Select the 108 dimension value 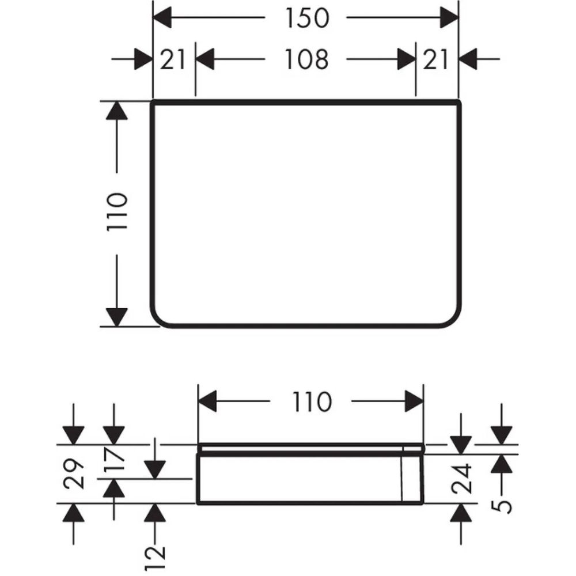point(306,59)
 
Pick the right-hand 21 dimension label point(437,59)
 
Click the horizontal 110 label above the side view point(312,401)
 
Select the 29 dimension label point(74,473)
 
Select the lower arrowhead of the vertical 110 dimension point(116,317)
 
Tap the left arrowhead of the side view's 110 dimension point(207,401)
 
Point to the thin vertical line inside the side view point(401,479)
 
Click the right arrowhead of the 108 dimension point(407,59)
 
